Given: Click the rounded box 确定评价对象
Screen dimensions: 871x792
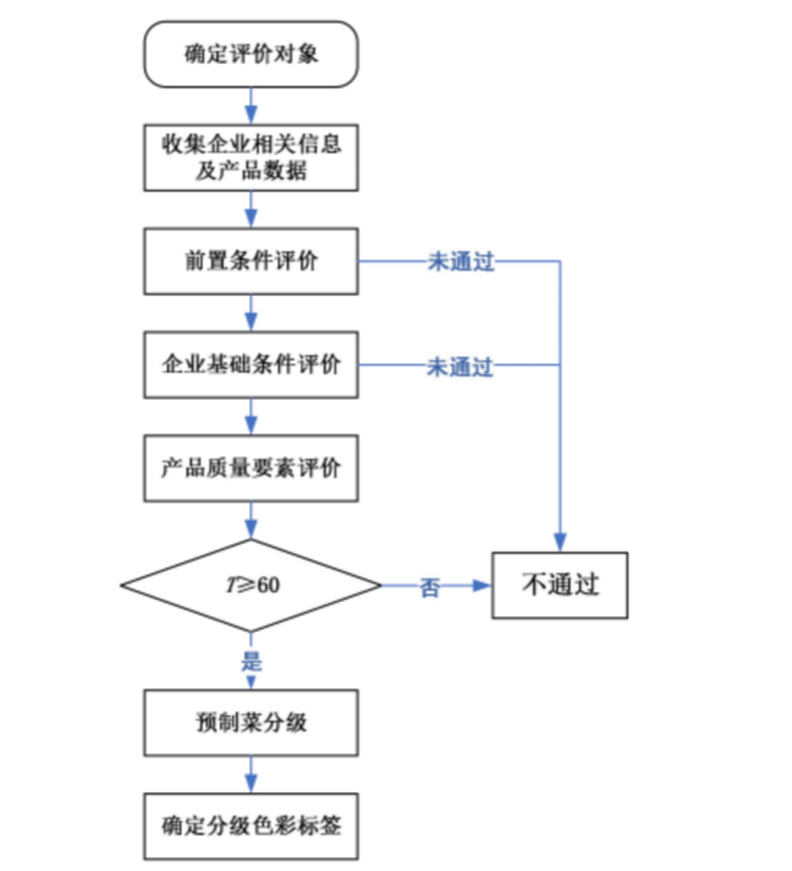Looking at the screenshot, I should (x=251, y=54).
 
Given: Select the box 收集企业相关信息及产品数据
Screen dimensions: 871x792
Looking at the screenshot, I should (x=251, y=157).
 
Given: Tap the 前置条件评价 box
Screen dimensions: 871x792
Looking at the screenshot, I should (x=251, y=262).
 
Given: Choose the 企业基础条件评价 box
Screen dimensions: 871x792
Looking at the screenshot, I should (x=251, y=364).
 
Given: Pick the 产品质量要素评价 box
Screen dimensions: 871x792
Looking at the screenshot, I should (x=251, y=468).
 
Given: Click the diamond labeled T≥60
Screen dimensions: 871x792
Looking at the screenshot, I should (x=251, y=585).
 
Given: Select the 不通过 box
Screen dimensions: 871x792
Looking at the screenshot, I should (x=560, y=585).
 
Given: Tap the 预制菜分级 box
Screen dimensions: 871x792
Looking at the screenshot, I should (x=251, y=722).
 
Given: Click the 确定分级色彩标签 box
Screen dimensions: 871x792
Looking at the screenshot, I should (x=251, y=826).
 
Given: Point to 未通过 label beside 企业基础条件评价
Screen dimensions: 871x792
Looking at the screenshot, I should (x=460, y=366).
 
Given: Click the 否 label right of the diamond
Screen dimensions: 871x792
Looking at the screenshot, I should (x=430, y=587).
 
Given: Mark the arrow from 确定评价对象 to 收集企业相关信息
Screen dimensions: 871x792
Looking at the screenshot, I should (x=251, y=106).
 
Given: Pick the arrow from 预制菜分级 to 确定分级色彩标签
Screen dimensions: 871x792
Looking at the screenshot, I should (x=251, y=774).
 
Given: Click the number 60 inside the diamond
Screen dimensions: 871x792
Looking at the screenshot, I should (x=269, y=585).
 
